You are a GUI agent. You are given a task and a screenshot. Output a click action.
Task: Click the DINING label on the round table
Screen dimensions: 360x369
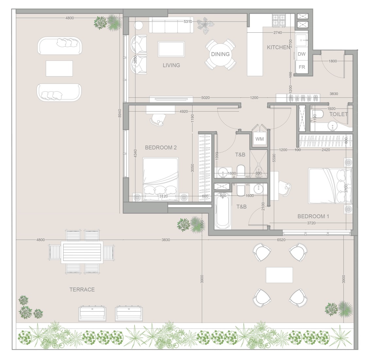coord(220,54)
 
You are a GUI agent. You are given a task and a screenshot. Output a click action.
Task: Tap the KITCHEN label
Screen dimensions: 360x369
coord(278,47)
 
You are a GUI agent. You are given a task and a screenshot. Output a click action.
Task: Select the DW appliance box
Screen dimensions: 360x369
coord(302,54)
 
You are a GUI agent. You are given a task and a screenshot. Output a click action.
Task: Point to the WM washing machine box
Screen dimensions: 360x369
coord(260,139)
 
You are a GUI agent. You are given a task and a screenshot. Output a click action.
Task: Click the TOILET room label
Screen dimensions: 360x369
coord(338,114)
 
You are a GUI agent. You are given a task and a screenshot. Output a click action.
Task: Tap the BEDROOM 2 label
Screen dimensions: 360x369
coord(161,148)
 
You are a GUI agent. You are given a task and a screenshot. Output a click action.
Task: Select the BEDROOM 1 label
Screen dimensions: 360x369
coord(313,216)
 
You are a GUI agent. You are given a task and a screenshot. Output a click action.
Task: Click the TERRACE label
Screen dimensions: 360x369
coord(82,289)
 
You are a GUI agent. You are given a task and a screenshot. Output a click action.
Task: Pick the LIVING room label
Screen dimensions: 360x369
coord(171,65)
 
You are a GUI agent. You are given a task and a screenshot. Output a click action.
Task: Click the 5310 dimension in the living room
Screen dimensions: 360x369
coord(188,22)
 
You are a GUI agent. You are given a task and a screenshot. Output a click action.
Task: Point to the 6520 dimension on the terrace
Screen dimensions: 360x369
coord(281,240)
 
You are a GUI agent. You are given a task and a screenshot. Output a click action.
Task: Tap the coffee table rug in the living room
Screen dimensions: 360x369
coord(171,49)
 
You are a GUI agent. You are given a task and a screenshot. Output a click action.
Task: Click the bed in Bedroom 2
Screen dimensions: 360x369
coord(161,178)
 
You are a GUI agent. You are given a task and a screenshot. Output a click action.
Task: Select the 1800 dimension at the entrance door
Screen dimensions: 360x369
coord(333,61)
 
